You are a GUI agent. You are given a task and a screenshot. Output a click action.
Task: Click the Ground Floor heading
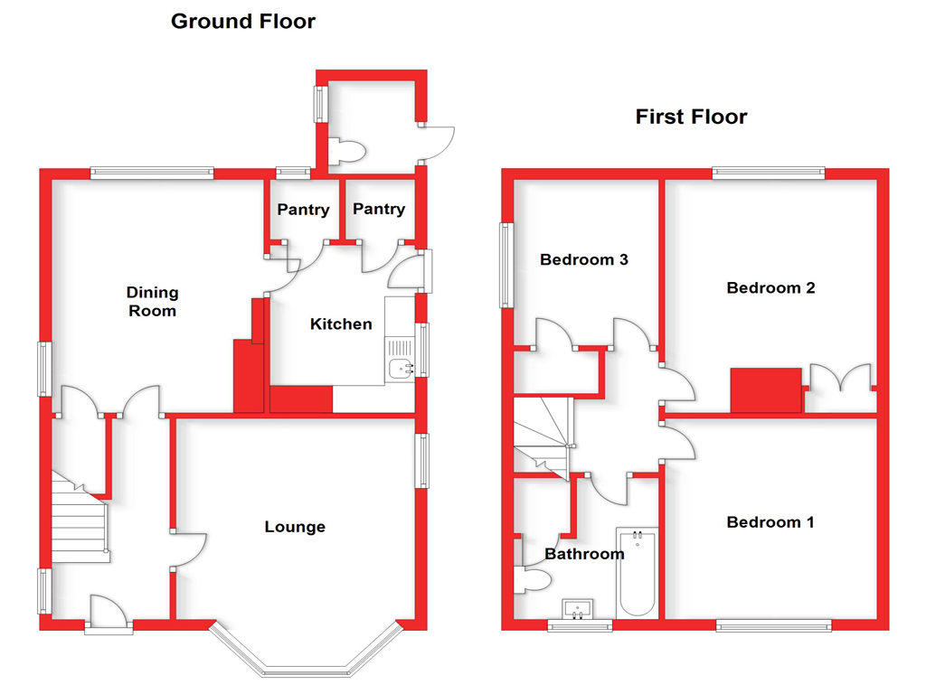242,22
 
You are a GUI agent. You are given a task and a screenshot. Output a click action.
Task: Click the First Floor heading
691,117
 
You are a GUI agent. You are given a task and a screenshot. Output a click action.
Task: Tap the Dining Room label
152,302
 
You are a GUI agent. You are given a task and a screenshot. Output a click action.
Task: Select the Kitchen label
341,324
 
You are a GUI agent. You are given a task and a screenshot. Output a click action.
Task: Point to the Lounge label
295,527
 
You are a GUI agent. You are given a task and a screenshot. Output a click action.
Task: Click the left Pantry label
303,210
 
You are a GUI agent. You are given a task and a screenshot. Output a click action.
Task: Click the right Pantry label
379,210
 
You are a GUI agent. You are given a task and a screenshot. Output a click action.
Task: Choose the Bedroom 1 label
770,522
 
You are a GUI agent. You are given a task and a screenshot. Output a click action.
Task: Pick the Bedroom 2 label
770,288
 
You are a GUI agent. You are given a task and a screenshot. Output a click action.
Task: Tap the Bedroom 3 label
583,259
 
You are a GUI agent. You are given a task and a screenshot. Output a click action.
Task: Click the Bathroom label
584,554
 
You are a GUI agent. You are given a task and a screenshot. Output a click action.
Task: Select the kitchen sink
399,360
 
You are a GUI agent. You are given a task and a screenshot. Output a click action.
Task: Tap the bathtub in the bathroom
638,572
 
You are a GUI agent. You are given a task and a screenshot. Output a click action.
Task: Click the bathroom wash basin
578,609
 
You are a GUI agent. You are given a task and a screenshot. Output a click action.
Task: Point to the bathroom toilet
533,580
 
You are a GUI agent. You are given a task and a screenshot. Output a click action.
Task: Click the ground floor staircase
80,518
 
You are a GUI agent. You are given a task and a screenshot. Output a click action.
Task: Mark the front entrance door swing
109,609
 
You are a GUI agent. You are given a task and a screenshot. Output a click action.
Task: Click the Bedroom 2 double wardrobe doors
840,378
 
